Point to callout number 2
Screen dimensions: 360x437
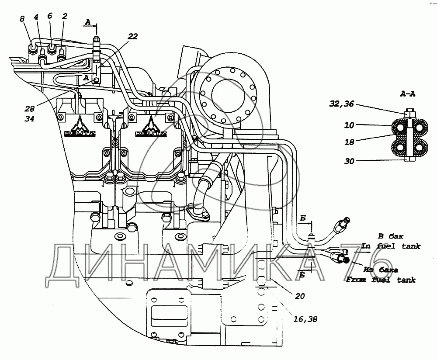64,16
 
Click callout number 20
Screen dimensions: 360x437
299,296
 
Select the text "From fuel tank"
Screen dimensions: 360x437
380,280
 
